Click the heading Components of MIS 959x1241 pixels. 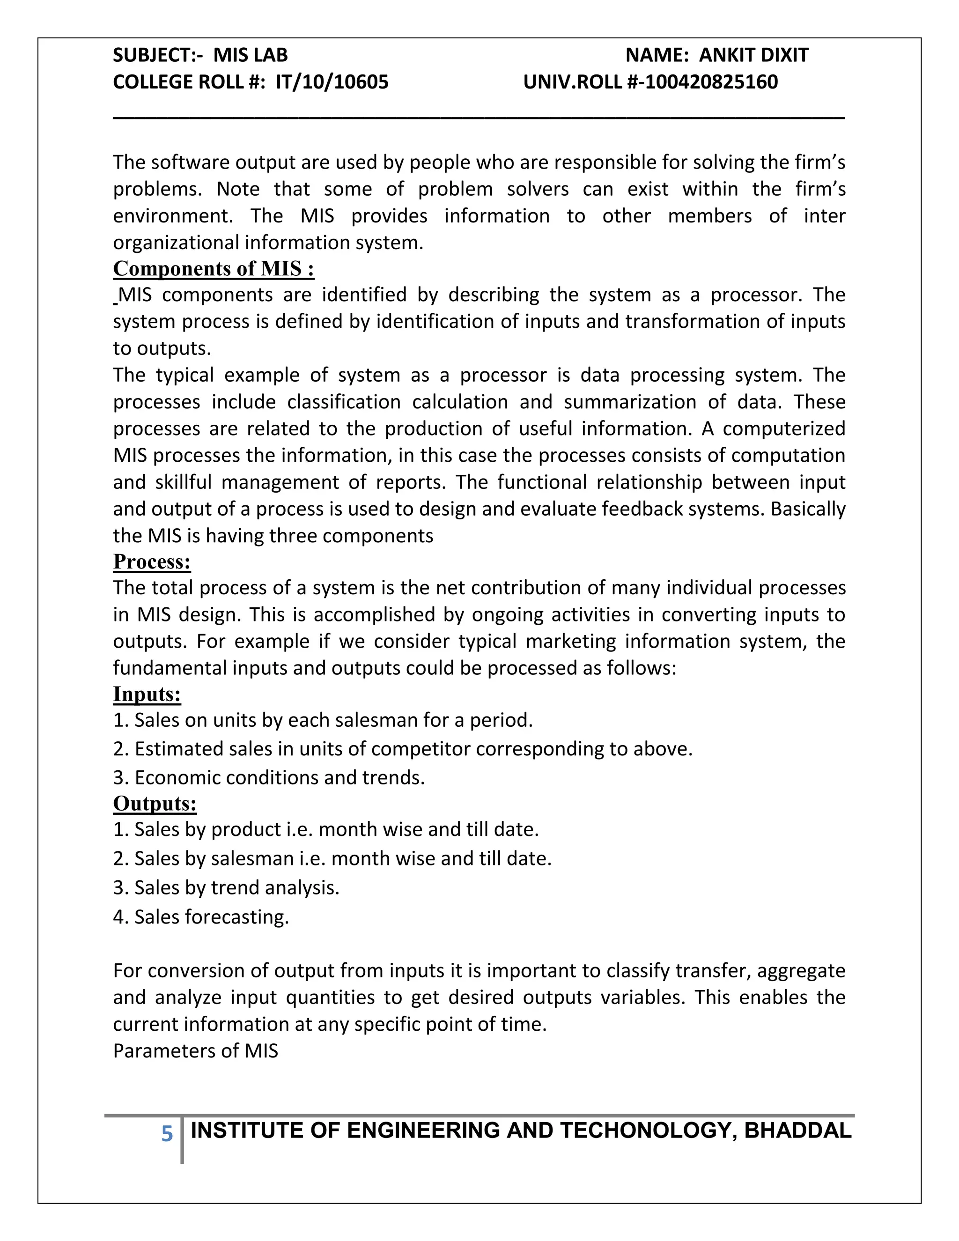(x=213, y=269)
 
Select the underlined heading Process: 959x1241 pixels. (x=152, y=561)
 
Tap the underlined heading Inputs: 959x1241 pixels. (x=147, y=694)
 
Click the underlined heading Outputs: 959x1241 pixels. (x=155, y=804)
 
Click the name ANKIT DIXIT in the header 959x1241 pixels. (x=753, y=55)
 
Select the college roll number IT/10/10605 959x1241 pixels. (x=332, y=82)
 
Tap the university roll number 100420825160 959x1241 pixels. (x=711, y=82)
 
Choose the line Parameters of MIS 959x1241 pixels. (x=195, y=1051)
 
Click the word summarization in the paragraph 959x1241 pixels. (x=629, y=402)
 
